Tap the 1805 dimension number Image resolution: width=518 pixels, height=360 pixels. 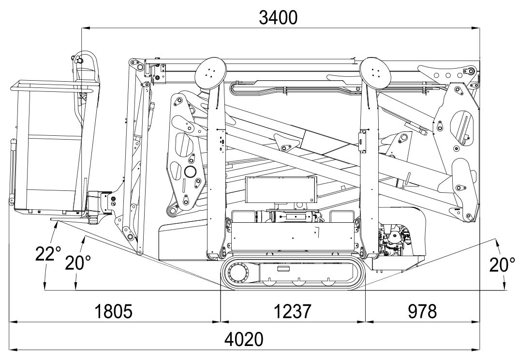112,312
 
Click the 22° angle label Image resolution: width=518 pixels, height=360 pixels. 48,253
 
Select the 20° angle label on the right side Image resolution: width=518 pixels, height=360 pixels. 502,264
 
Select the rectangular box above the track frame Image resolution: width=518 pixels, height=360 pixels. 280,191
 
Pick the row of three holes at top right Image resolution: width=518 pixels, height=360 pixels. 448,75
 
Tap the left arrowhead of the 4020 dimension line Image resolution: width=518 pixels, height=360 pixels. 12,348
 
